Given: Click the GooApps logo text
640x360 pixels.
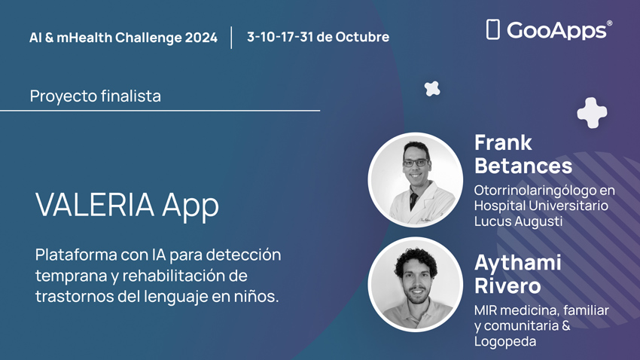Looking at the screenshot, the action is point(557,30).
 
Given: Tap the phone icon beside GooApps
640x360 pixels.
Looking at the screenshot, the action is point(492,29).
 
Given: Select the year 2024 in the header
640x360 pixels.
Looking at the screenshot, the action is point(201,38).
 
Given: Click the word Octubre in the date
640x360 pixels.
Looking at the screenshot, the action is point(362,37).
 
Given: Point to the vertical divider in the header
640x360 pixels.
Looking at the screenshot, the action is point(231,38).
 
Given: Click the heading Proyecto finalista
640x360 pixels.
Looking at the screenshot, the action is point(96,96).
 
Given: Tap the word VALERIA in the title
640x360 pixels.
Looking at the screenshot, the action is point(95,205).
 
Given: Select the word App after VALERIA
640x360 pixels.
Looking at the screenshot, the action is point(190,206).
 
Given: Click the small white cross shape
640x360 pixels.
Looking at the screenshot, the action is point(432,89).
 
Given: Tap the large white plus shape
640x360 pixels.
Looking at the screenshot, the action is point(592,113).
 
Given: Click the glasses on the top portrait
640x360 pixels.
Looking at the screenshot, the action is point(416,163).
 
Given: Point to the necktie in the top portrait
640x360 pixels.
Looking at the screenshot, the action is point(413,201).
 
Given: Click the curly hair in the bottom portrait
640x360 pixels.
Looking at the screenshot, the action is point(416,259).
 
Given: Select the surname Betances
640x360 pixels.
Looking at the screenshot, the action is point(523,166).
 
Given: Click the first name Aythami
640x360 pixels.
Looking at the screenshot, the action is point(517,262).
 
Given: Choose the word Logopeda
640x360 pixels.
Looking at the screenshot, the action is point(505,342).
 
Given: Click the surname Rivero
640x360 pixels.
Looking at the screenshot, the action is point(507,285).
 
